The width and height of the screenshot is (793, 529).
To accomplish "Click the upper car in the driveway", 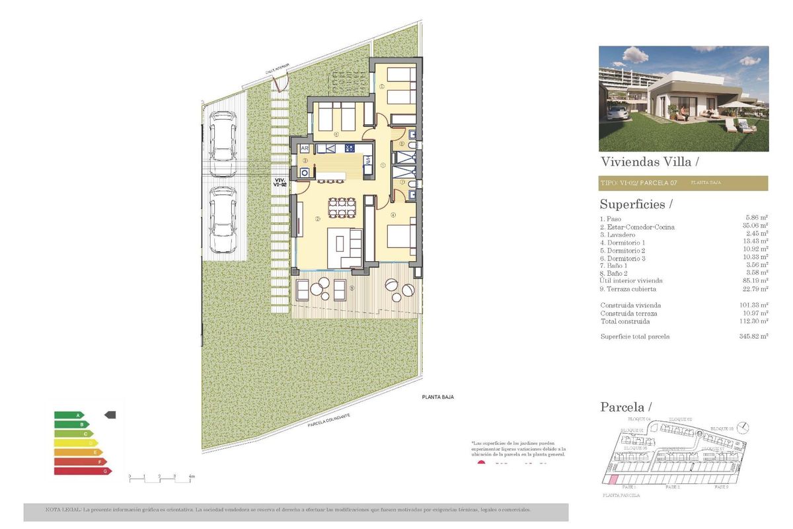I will (x=223, y=143).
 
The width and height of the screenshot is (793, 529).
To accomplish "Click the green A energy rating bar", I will (x=69, y=415).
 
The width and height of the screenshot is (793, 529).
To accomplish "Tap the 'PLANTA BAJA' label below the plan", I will (x=438, y=397).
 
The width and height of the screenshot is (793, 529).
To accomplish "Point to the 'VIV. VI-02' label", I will (x=280, y=183).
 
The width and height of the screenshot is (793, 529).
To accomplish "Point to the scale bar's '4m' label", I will (x=192, y=476).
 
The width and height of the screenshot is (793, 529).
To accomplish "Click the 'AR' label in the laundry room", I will (x=305, y=149).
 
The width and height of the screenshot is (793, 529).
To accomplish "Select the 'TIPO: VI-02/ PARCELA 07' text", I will (x=638, y=183).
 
